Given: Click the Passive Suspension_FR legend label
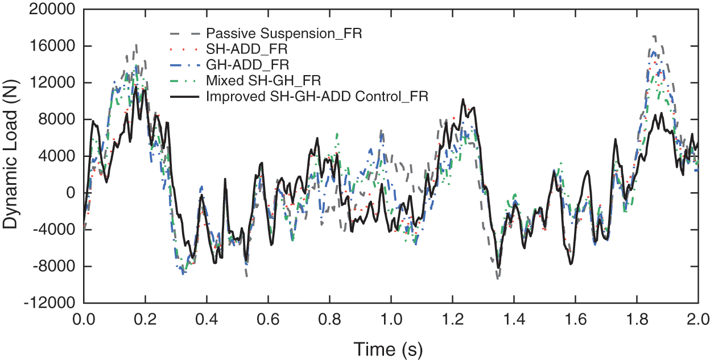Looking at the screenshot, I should (x=285, y=34).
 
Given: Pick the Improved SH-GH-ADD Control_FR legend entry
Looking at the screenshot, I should (x=317, y=97).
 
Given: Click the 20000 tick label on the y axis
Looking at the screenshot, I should (x=57, y=10).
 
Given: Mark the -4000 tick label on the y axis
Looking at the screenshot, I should (x=59, y=230).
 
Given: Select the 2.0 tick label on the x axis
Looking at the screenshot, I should (x=697, y=317).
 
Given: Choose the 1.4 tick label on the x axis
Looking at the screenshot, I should (x=514, y=317).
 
